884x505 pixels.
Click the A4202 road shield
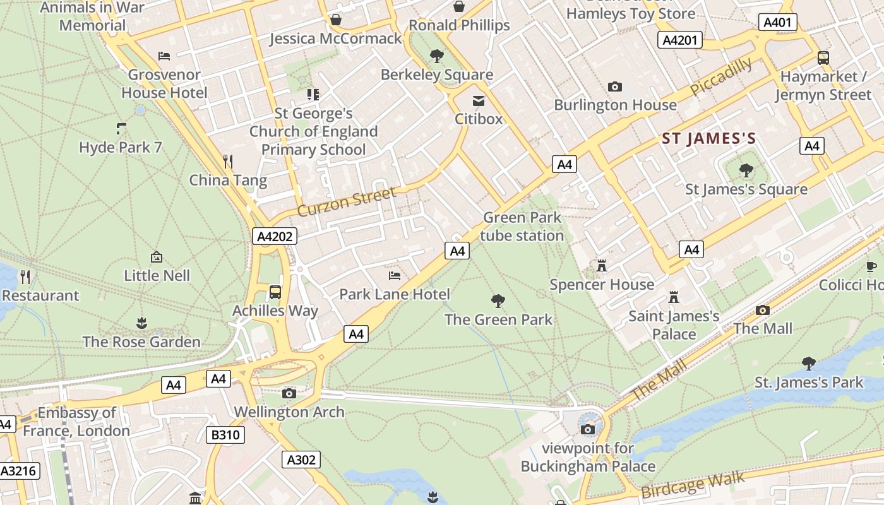275,237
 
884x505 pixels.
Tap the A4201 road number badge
680,40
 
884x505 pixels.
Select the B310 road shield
225,434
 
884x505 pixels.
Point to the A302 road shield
301,460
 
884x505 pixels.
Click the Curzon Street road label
347,201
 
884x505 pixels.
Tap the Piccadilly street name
721,76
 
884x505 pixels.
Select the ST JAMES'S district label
708,139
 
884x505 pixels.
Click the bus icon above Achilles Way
275,292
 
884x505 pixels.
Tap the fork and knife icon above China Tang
228,162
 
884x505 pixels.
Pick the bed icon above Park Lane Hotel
395,276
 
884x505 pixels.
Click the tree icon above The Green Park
498,301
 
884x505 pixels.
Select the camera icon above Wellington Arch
289,394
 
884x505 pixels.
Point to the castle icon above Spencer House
601,266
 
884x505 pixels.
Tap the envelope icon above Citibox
479,101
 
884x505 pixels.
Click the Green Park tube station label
522,227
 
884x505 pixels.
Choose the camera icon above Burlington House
614,86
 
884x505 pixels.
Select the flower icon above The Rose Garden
141,323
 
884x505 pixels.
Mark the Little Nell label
157,275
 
